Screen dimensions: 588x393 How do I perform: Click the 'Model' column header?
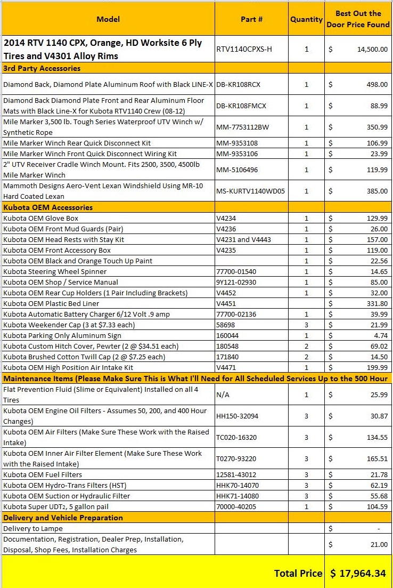click(x=108, y=19)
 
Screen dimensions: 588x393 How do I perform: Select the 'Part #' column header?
click(x=251, y=19)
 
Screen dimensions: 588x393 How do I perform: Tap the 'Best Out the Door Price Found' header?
click(x=358, y=19)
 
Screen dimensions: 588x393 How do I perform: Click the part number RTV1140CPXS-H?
click(x=244, y=50)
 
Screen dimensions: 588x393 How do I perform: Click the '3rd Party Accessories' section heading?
click(x=42, y=68)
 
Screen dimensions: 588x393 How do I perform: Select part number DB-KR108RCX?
click(x=238, y=84)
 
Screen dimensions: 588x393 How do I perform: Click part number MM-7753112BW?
click(x=243, y=127)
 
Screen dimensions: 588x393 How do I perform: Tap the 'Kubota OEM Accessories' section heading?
click(x=48, y=207)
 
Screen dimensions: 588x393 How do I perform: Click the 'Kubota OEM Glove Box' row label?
click(x=41, y=218)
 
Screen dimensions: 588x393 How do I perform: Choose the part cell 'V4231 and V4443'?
click(x=243, y=239)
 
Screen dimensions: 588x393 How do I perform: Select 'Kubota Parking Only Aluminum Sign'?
click(x=62, y=335)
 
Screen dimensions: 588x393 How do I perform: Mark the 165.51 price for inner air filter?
click(x=377, y=458)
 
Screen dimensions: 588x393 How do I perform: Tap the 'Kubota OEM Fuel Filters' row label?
click(x=43, y=474)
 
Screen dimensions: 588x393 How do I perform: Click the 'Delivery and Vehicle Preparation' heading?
click(x=63, y=518)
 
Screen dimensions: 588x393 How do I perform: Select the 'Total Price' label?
click(x=298, y=573)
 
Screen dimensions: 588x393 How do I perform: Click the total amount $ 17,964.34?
click(x=359, y=573)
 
